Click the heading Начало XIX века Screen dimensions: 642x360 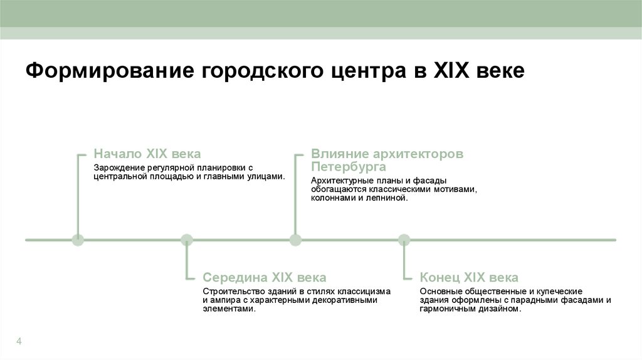pyautogui.click(x=147, y=154)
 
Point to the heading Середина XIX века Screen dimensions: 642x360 pyautogui.click(x=265, y=277)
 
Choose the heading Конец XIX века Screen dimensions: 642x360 pyautogui.click(x=469, y=277)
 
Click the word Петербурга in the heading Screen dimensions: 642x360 pyautogui.click(x=348, y=167)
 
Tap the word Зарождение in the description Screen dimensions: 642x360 pyautogui.click(x=119, y=168)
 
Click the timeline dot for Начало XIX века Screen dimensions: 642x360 pyautogui.click(x=78, y=240)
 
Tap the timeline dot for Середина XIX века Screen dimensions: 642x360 pyautogui.click(x=187, y=240)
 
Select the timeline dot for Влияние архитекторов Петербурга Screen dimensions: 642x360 pyautogui.click(x=295, y=240)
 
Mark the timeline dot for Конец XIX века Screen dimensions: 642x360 pyautogui.click(x=404, y=240)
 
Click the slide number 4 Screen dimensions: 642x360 pyautogui.click(x=19, y=341)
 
